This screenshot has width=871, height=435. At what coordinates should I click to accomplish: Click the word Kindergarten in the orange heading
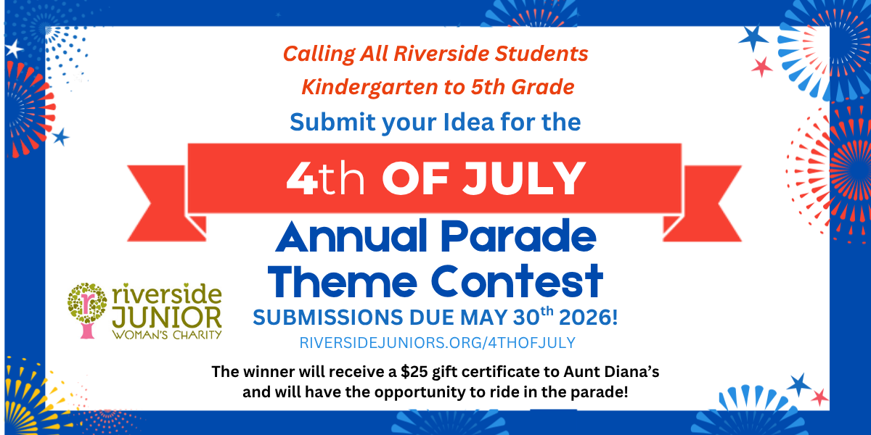[369, 87]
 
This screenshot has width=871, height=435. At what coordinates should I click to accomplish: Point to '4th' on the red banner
[325, 178]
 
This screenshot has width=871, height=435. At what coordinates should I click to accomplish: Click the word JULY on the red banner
[524, 178]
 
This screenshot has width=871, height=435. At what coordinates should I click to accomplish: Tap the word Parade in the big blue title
[518, 236]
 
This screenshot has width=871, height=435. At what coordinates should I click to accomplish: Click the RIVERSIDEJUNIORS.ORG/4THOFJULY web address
[438, 343]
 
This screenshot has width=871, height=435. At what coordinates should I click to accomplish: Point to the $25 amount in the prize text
[414, 372]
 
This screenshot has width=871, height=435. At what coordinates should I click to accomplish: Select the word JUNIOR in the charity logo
[167, 318]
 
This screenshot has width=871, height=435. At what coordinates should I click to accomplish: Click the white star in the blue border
[14, 49]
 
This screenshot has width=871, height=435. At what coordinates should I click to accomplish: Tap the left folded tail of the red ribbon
[166, 203]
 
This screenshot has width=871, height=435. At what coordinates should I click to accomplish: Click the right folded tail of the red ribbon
[703, 203]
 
